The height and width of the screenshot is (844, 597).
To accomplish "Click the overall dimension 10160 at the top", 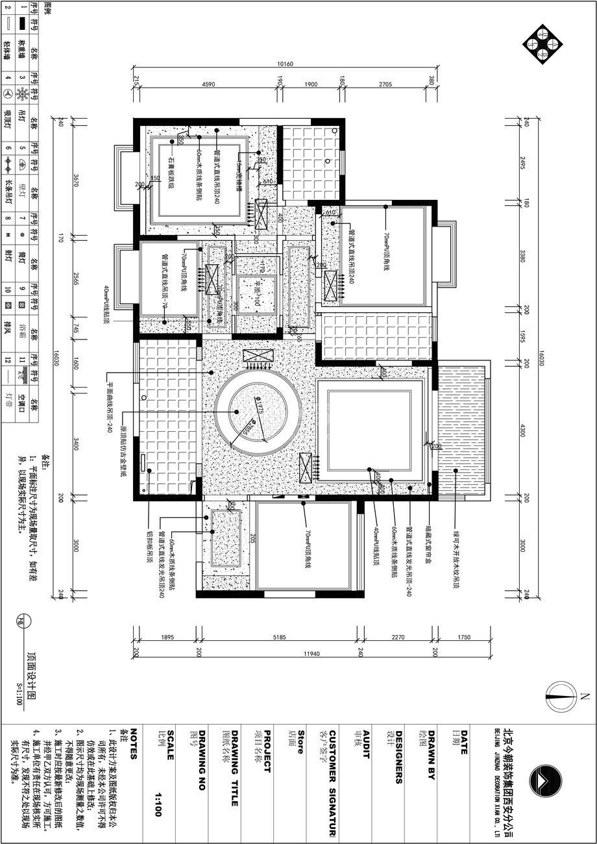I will [285, 64].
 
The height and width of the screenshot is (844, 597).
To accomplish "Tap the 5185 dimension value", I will [280, 638].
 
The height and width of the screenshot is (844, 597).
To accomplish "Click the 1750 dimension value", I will [463, 638].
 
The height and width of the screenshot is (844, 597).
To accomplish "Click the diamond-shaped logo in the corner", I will [543, 43].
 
